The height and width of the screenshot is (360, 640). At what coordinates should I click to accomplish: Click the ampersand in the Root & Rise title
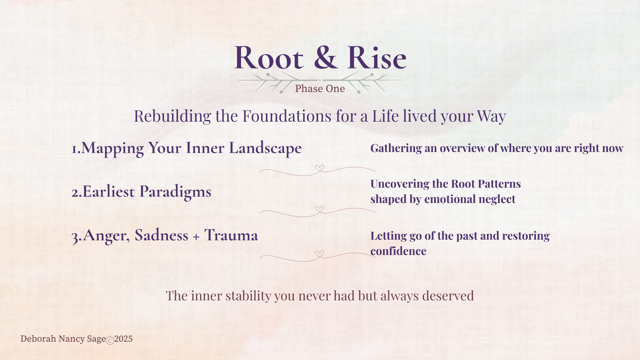click(x=326, y=57)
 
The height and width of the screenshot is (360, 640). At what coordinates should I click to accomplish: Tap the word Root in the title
click(x=269, y=57)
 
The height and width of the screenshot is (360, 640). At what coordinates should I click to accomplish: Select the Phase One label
click(x=320, y=89)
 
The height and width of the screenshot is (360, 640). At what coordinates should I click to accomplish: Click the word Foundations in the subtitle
click(x=287, y=116)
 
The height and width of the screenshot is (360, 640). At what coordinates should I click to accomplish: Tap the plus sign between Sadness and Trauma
click(x=196, y=236)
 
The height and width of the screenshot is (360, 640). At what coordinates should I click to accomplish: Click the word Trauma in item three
click(x=231, y=235)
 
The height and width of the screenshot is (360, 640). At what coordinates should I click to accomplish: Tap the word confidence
click(x=398, y=251)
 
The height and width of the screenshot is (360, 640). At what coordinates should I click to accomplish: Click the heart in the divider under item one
click(x=319, y=168)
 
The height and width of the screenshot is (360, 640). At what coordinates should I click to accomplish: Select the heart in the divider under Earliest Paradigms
click(x=319, y=209)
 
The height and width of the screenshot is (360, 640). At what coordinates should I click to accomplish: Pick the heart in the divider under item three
click(x=319, y=254)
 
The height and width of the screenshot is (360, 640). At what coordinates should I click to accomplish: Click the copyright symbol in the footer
click(x=110, y=340)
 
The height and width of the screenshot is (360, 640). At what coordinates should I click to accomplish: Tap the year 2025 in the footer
click(x=123, y=339)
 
